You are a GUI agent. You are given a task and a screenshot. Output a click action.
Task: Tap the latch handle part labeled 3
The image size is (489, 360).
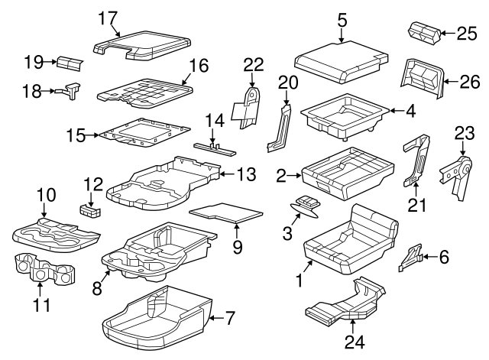click(x=306, y=206)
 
